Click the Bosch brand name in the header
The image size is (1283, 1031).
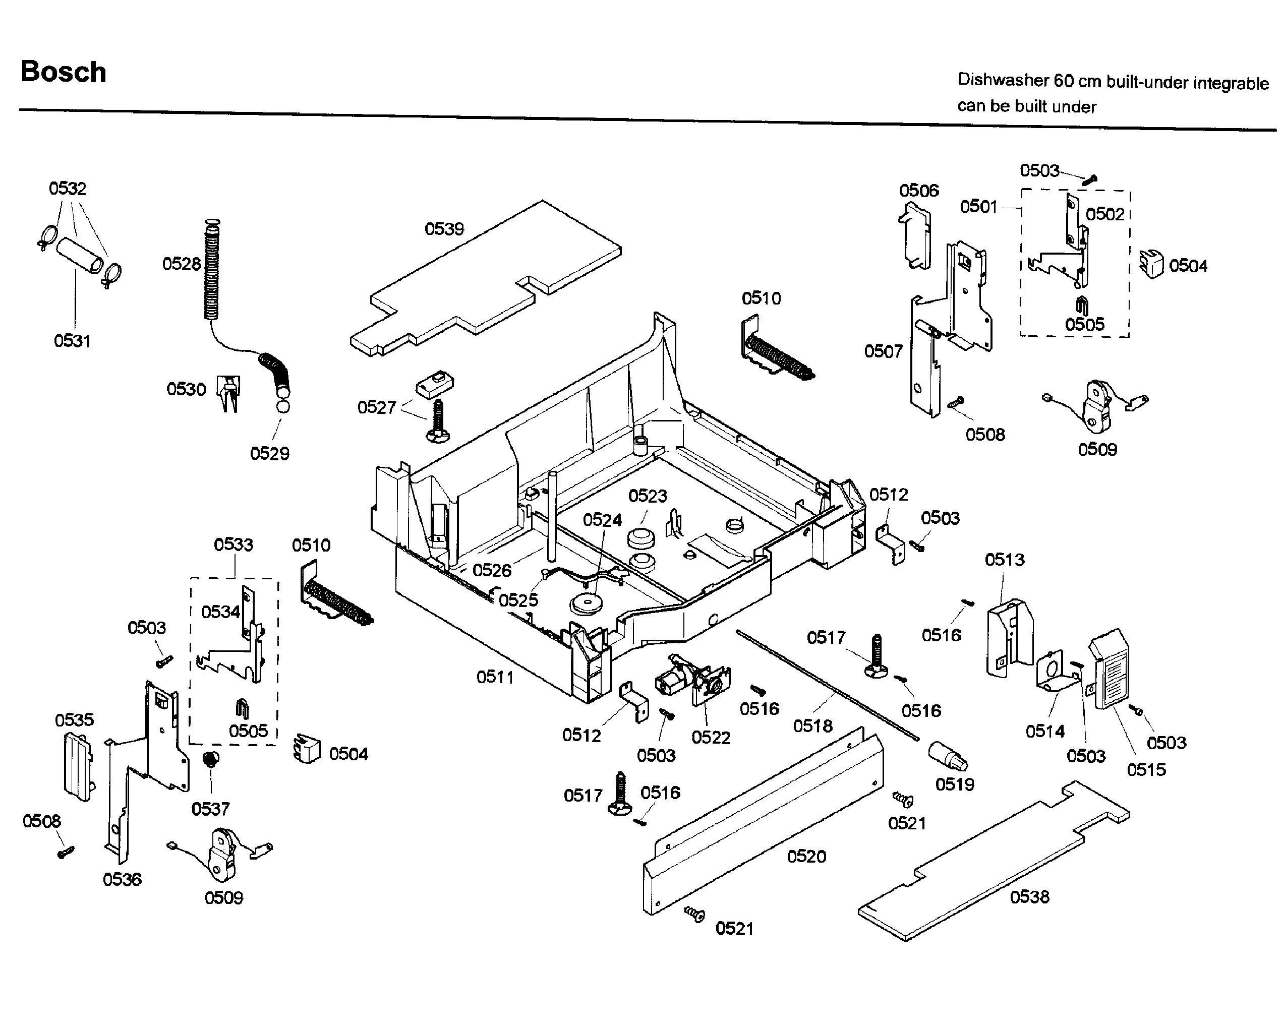[x=63, y=72]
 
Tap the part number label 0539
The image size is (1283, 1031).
[x=444, y=229]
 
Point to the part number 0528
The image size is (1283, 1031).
[x=182, y=264]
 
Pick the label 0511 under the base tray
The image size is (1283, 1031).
[x=495, y=677]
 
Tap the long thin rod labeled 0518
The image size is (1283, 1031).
[x=827, y=684]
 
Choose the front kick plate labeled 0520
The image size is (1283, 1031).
[x=762, y=821]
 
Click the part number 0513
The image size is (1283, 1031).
[x=1005, y=560]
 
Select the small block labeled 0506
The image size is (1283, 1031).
[x=915, y=235]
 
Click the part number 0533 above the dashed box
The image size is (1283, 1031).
[x=234, y=544]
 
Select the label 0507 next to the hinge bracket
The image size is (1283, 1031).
[x=883, y=351]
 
